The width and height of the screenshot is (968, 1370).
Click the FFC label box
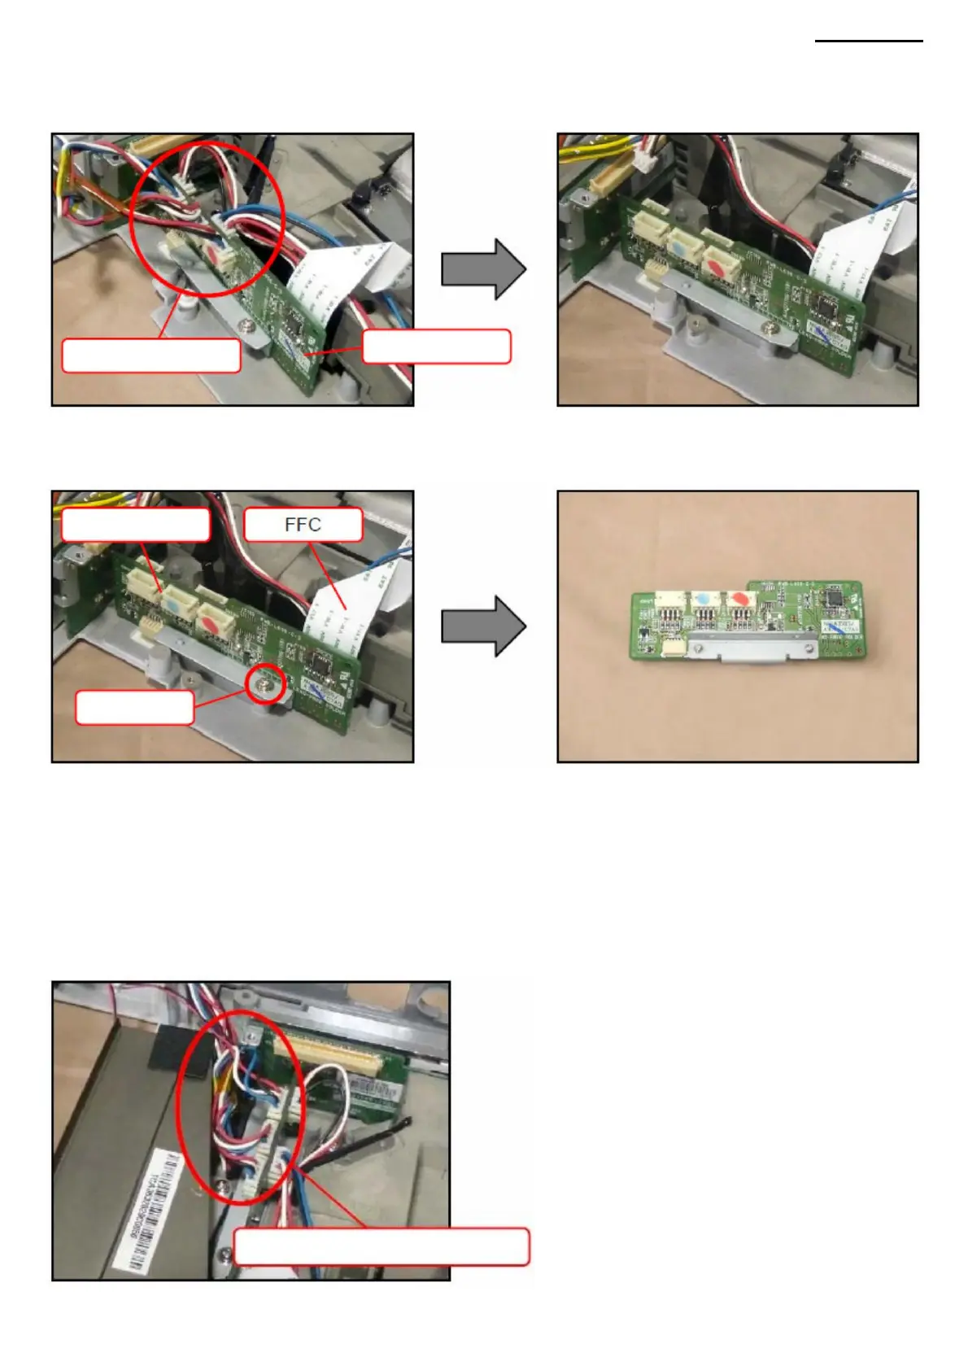(303, 525)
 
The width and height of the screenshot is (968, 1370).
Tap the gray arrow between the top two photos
(483, 269)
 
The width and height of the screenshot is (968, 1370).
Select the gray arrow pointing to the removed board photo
(483, 626)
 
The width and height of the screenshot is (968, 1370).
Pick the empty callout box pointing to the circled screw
(134, 707)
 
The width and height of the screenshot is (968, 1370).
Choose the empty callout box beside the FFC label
(135, 525)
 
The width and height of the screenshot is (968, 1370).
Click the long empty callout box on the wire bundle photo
(382, 1246)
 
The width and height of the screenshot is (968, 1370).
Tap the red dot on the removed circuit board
(739, 597)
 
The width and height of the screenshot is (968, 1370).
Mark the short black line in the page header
(869, 41)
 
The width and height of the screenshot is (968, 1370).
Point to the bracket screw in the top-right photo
(770, 328)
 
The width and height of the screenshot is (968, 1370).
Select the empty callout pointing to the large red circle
(151, 356)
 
